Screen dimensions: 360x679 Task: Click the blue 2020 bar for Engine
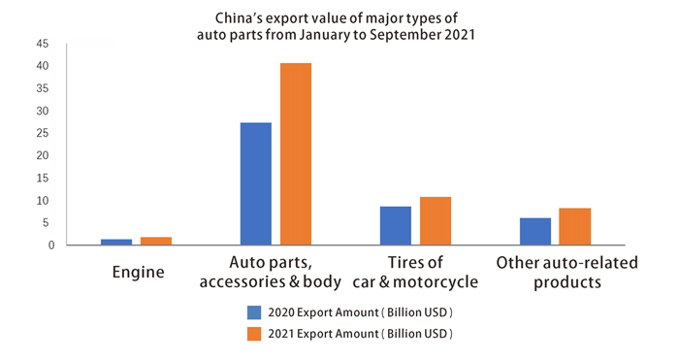116,242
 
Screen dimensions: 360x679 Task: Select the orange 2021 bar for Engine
156,241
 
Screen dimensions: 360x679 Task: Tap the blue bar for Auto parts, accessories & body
256,183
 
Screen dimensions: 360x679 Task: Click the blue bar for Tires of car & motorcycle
395,225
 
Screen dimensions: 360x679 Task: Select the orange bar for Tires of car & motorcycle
435,220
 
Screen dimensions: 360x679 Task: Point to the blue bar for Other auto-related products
535,231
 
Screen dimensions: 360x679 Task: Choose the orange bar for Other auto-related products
575,226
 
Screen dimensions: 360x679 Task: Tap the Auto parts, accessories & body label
271,273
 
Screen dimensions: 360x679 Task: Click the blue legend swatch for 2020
254,312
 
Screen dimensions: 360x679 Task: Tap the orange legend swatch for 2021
254,334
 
